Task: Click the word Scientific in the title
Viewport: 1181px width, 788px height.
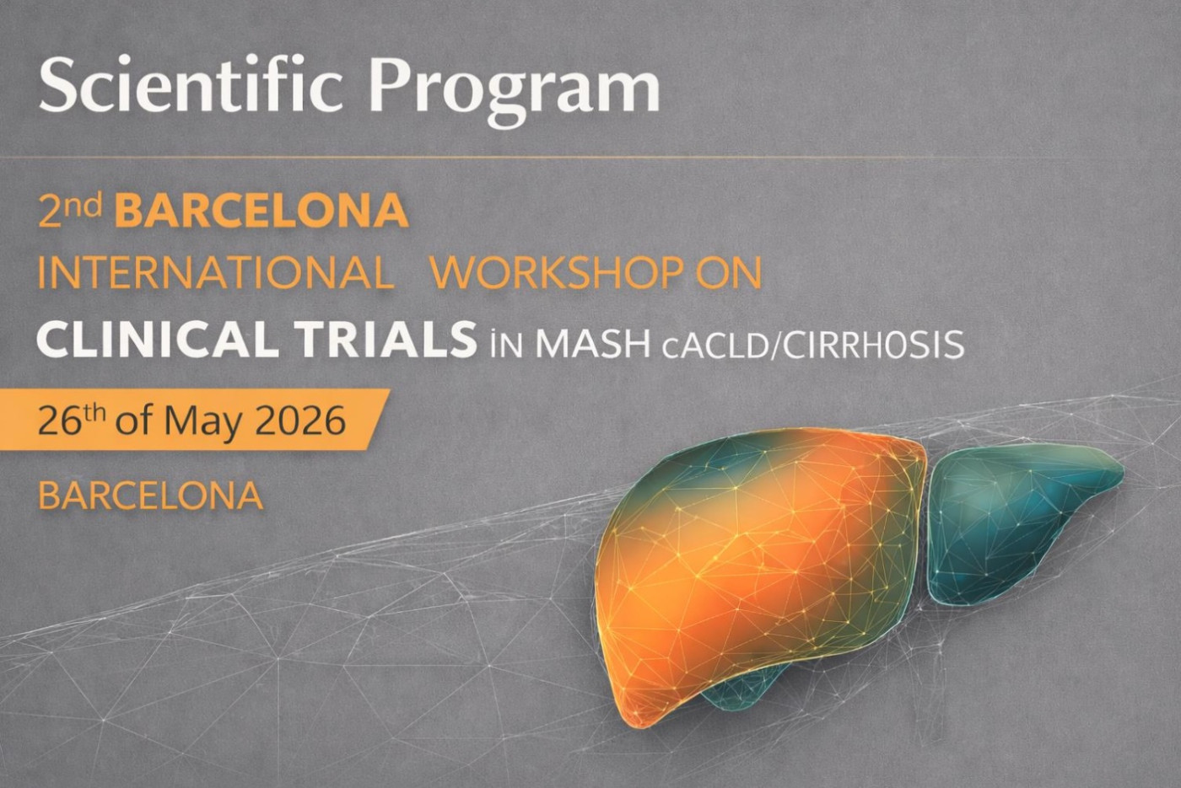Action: [x=191, y=86]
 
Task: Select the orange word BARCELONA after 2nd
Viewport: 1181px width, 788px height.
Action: [x=262, y=212]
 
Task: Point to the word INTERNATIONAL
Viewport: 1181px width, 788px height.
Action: [x=216, y=273]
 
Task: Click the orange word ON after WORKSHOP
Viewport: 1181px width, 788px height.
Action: [x=730, y=273]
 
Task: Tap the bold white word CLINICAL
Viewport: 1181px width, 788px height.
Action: [x=157, y=340]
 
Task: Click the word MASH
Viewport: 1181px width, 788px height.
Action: [x=593, y=344]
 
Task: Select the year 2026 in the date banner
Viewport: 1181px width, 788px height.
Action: [x=300, y=420]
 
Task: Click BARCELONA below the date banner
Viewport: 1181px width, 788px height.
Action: [x=151, y=496]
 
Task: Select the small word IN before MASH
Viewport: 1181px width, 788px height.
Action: [x=506, y=346]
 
